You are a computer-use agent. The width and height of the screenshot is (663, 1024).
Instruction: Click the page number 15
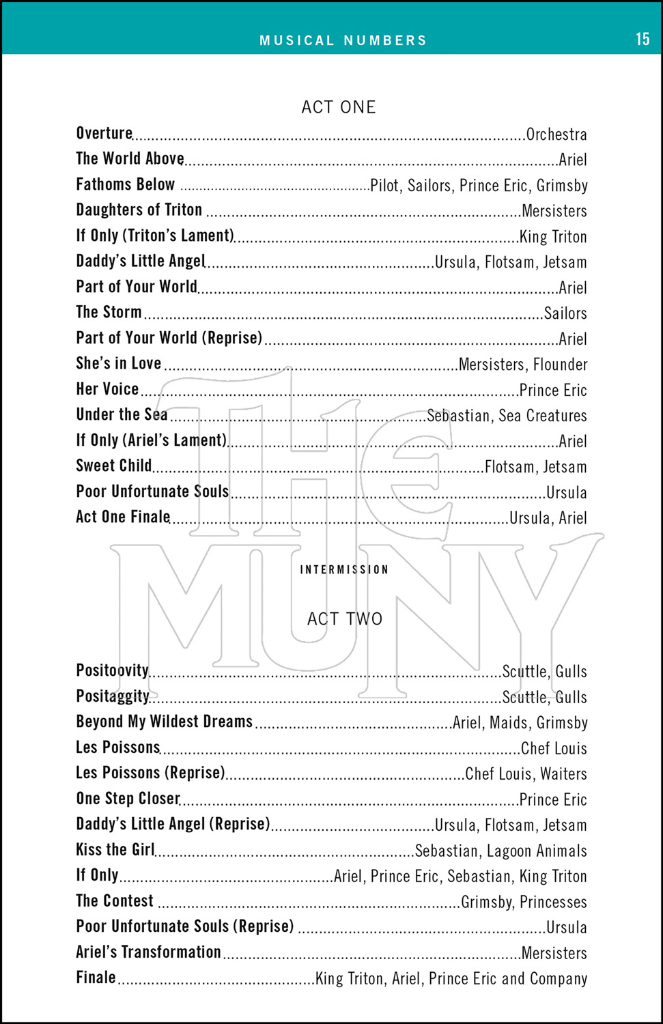tap(643, 39)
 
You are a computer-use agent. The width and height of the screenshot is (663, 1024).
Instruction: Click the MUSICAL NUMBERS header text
tap(343, 40)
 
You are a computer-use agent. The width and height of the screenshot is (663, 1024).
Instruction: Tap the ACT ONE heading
tap(339, 107)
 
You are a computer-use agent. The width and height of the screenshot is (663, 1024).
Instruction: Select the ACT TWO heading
tap(344, 619)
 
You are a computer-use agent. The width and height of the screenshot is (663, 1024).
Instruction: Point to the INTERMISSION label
tap(344, 569)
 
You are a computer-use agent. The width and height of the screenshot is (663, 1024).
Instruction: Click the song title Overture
tap(104, 133)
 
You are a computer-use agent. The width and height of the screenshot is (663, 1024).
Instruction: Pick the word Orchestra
tap(556, 134)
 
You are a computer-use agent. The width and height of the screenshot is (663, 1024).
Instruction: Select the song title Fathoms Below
tap(126, 184)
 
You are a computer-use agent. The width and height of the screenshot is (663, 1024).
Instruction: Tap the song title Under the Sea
tap(122, 414)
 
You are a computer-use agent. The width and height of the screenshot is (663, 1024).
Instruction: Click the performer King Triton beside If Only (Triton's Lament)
tap(553, 237)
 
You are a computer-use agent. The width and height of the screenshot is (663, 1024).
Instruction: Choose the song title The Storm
tap(109, 312)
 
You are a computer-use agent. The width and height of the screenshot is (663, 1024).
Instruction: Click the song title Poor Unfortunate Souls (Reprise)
tap(185, 926)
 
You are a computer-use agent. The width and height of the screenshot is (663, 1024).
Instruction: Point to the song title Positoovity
tap(112, 670)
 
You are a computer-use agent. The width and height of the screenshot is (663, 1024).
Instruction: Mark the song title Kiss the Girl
tap(115, 850)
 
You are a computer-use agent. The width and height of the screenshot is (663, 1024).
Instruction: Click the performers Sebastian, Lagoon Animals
tap(500, 851)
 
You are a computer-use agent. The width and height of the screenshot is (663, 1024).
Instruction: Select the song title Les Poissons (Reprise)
tap(150, 773)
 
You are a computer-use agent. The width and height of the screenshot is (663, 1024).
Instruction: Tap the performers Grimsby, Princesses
tap(524, 902)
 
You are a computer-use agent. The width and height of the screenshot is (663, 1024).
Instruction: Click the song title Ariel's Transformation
tap(148, 952)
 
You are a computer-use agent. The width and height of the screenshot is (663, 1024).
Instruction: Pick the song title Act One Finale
tap(123, 517)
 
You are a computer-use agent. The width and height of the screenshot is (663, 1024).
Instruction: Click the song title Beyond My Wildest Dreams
tap(165, 722)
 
